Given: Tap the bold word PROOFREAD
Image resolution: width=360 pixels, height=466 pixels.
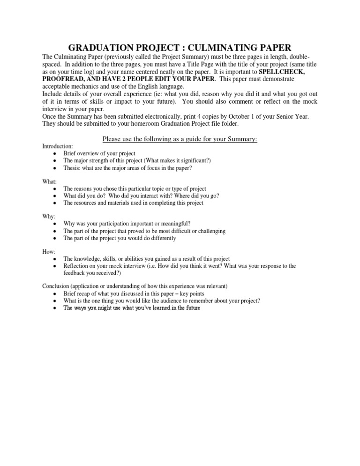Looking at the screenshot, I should [x=60, y=79].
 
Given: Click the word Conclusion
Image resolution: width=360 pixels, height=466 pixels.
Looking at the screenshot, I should [x=57, y=286].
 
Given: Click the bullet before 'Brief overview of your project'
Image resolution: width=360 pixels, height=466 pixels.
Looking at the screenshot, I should [x=55, y=154].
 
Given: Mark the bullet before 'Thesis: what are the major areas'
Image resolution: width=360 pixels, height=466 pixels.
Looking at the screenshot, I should [x=55, y=167].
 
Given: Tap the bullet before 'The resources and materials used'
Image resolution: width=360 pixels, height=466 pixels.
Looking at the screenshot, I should [x=55, y=203].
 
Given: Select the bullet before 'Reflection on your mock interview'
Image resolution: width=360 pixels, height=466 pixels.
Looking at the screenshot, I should [x=55, y=266].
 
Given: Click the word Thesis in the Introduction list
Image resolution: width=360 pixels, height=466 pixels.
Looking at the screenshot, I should [x=72, y=167].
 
